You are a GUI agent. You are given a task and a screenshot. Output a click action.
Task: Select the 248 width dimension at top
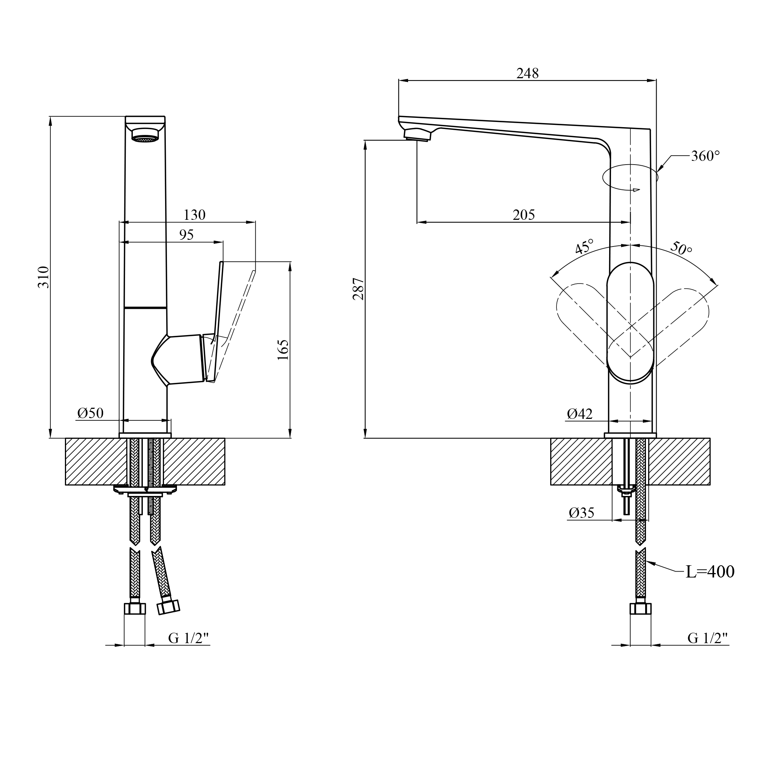[528, 73]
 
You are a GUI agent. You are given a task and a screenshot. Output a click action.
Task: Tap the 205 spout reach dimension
[523, 215]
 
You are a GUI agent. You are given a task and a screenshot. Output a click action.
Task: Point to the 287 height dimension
[358, 288]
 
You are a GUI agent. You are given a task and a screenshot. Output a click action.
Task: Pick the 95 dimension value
[186, 235]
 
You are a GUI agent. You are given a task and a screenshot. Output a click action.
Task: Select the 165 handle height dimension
[283, 350]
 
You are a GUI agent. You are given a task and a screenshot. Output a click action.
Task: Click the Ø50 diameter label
[90, 413]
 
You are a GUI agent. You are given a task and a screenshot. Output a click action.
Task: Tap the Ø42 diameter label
[579, 414]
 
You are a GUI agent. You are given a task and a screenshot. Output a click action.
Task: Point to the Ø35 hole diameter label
[581, 513]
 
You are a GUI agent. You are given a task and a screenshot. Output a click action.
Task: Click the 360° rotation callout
[705, 156]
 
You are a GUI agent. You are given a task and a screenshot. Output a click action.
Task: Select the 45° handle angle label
[584, 247]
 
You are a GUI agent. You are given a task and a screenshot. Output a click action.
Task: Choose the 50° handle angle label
[681, 248]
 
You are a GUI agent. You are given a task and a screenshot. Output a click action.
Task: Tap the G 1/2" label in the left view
[188, 638]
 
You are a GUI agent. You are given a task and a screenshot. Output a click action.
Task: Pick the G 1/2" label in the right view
[708, 638]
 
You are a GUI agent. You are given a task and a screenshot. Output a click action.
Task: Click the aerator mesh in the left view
[145, 139]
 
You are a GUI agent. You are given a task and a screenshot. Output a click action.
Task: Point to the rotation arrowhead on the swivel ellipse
[637, 190]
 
